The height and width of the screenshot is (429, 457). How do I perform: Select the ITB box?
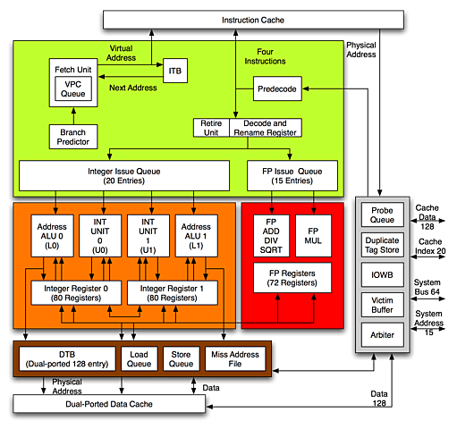coord(173,71)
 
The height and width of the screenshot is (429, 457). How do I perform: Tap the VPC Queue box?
coord(73,88)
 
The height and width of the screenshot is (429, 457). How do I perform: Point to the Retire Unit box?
coord(211,128)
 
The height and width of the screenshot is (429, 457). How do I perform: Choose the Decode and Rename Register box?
coord(265,128)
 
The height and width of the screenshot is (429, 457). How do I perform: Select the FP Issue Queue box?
coord(292,173)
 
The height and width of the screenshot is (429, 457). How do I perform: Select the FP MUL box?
coord(313,234)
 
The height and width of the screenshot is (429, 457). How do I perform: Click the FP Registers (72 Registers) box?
coord(292,277)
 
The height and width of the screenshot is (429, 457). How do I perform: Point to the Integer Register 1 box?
coord(173,291)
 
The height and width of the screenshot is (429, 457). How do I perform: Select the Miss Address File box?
coord(236,358)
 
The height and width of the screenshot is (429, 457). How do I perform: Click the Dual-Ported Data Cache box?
coord(108,404)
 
